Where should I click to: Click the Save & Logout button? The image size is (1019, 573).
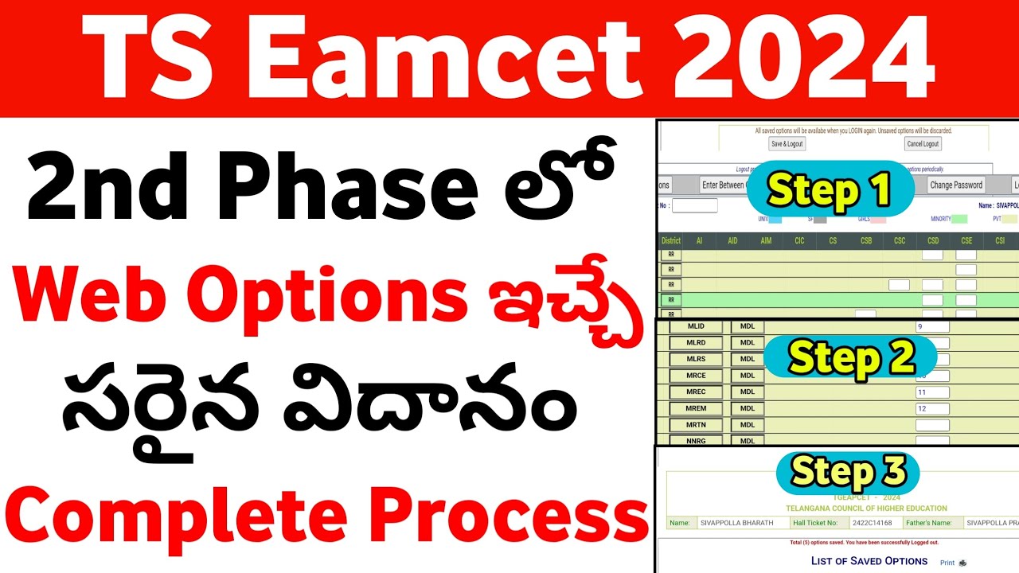point(787,144)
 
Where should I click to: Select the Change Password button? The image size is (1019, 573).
point(956,185)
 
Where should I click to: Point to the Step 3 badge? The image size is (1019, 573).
point(849,474)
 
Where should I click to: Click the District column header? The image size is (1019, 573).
point(671,240)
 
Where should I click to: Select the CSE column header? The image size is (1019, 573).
point(966,240)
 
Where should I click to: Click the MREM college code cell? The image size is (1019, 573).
point(696,408)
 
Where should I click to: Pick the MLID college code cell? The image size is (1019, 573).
point(696,326)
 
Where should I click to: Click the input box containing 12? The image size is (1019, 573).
point(932,409)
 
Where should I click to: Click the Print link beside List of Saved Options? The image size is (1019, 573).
point(947,563)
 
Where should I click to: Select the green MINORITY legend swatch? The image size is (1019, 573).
point(959,218)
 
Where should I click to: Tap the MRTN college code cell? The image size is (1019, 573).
point(696,425)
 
